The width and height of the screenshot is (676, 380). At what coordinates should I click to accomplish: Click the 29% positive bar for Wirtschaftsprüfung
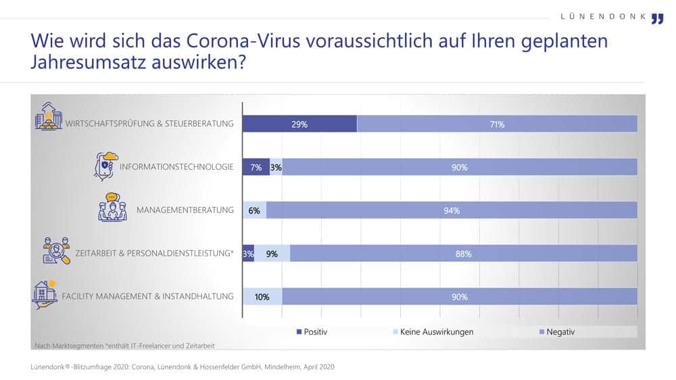[299, 124]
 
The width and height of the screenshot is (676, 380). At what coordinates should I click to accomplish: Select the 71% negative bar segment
[497, 124]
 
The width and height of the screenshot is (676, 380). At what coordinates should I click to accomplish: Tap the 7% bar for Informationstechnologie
[256, 168]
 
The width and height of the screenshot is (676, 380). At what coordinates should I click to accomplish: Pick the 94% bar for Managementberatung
[452, 210]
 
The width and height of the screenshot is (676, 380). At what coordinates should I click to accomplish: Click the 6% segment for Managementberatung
[254, 210]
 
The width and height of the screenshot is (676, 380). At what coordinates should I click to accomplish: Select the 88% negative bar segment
[463, 254]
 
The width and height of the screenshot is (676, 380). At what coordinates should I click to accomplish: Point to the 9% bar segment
[272, 254]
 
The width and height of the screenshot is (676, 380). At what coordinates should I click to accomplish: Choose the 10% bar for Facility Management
[262, 297]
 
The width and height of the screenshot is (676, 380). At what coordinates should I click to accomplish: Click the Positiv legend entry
[312, 332]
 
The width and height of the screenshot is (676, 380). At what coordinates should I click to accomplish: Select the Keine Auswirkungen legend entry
[433, 332]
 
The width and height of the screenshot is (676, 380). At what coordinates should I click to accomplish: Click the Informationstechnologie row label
[176, 167]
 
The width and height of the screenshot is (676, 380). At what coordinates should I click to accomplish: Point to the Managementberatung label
[185, 210]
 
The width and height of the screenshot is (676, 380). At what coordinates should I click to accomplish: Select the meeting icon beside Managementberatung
[113, 208]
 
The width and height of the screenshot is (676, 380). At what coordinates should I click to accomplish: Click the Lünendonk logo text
[603, 16]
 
